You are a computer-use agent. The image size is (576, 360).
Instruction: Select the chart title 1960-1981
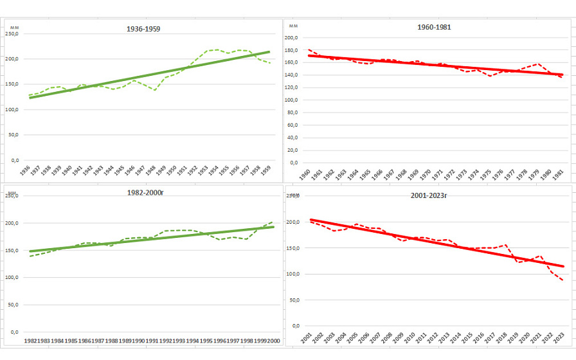click(x=435, y=27)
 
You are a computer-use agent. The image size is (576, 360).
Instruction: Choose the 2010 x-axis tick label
click(x=408, y=339)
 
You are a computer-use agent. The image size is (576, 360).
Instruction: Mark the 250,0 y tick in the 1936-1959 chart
click(x=12, y=34)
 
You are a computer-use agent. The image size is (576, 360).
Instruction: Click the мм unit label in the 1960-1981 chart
click(x=294, y=26)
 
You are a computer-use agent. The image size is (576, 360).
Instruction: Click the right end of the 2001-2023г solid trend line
click(x=564, y=266)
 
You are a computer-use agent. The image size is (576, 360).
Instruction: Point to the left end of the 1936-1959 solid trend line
click(x=30, y=98)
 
